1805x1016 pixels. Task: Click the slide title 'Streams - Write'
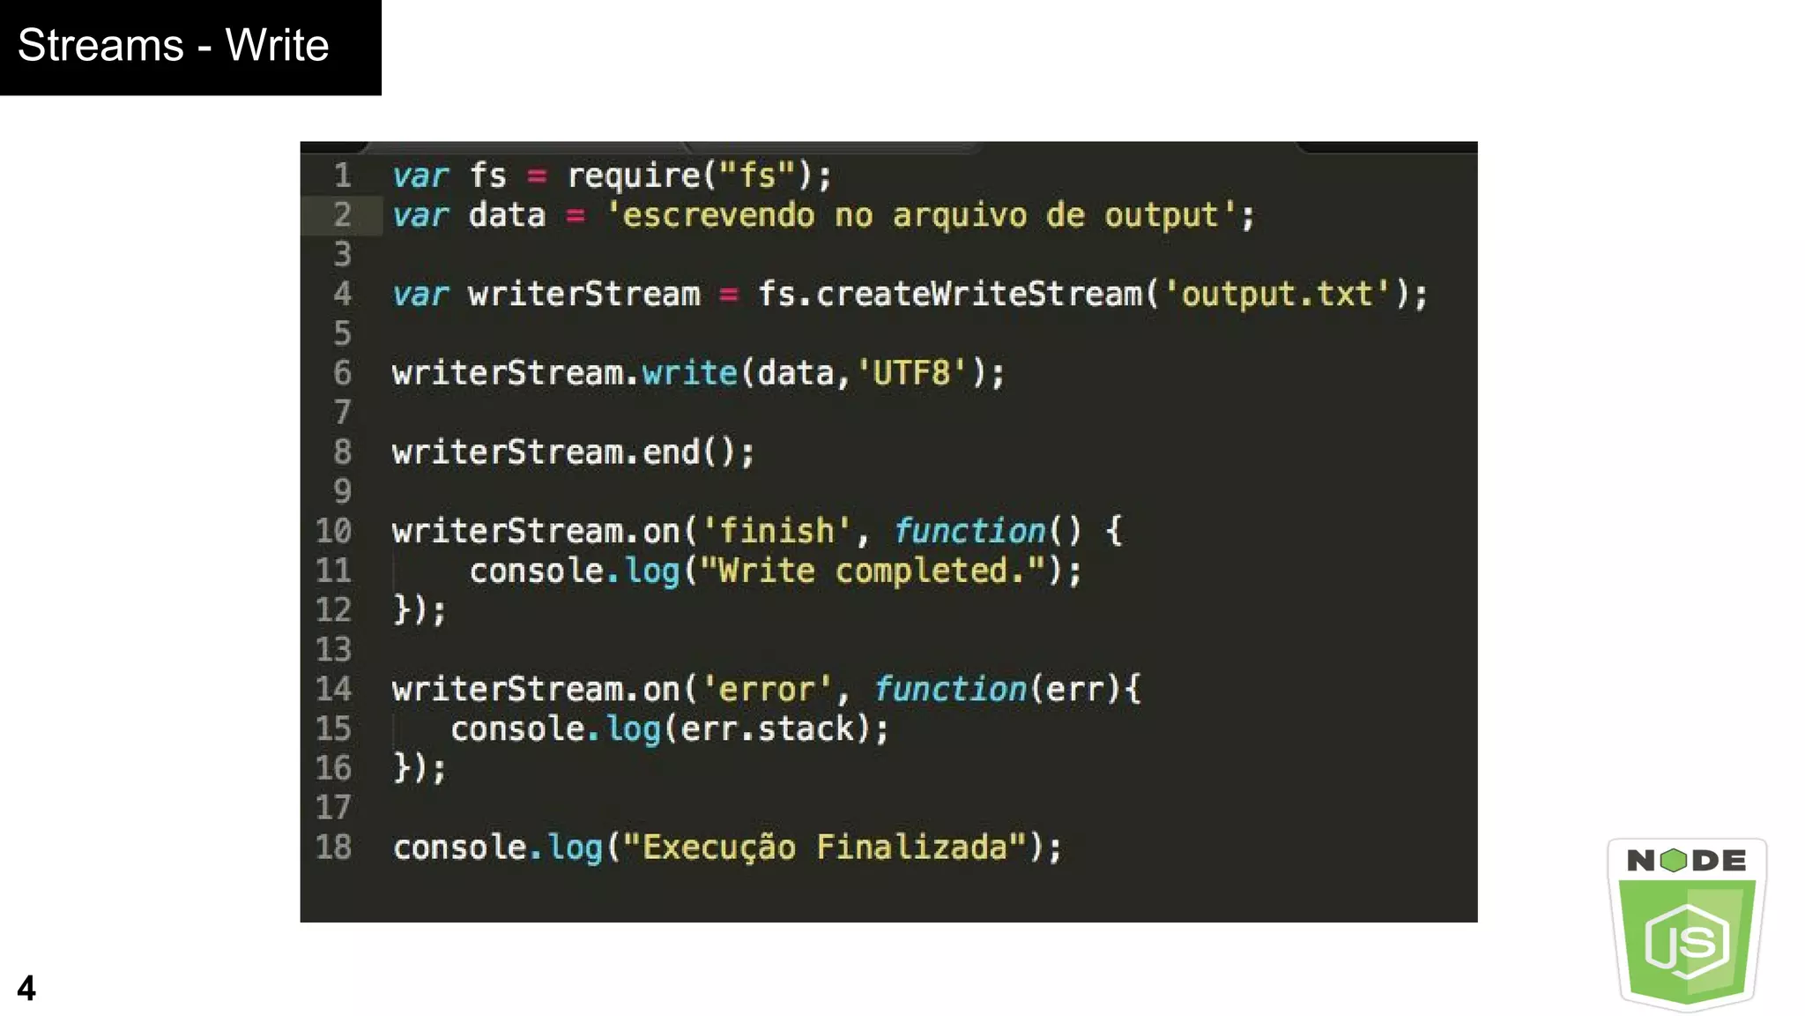click(173, 46)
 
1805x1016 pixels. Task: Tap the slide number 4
click(26, 988)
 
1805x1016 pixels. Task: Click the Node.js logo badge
click(1687, 923)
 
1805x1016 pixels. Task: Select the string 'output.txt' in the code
click(1276, 295)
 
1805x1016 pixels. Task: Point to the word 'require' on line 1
click(634, 176)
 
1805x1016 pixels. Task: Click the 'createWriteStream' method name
click(978, 295)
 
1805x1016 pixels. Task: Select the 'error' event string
click(766, 689)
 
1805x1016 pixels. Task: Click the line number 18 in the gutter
click(333, 848)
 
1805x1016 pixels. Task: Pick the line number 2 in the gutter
click(342, 215)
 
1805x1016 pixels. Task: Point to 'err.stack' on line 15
click(768, 728)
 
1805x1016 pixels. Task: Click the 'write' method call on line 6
click(689, 373)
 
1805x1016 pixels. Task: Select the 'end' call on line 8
click(671, 452)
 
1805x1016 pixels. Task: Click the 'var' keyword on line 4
click(420, 295)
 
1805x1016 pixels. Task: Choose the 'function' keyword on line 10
click(969, 531)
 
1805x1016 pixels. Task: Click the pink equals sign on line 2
click(576, 215)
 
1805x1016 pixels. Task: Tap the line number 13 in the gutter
click(333, 650)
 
